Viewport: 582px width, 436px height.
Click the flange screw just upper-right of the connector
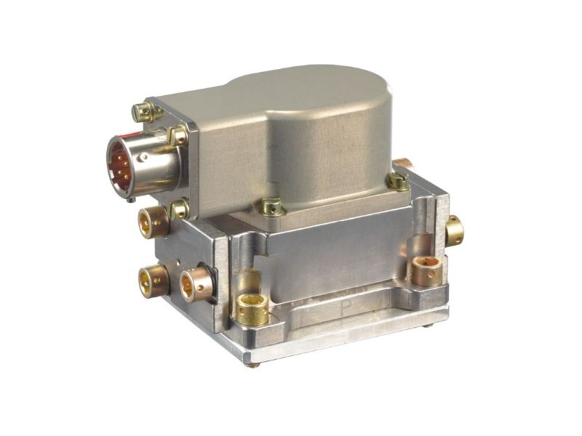click(177, 135)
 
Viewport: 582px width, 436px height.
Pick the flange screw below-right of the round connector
click(178, 210)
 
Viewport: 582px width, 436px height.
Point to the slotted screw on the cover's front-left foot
click(271, 207)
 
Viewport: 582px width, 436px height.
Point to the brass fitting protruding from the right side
click(455, 230)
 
